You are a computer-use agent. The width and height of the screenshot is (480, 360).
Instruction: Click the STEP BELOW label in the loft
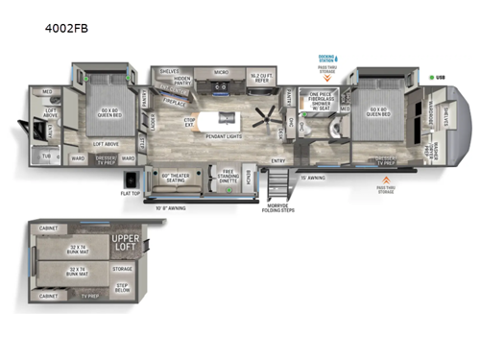point(122,286)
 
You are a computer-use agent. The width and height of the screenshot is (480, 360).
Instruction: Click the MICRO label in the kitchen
point(220,72)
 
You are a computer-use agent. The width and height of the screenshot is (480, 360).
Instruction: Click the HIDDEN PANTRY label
point(182,83)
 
